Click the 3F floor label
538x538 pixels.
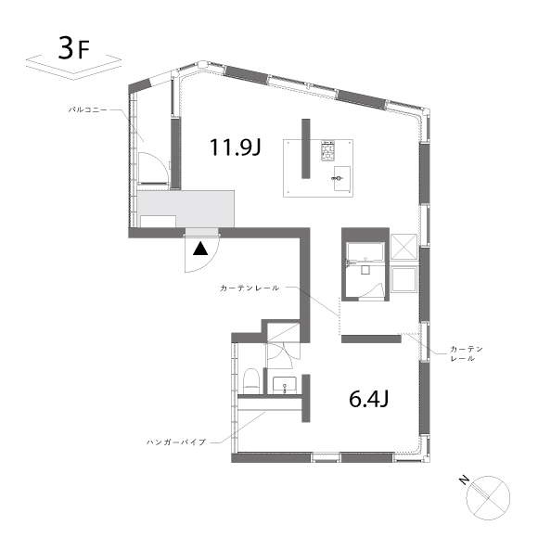[74, 48]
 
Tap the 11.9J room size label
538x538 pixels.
[236, 147]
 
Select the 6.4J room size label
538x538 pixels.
[368, 399]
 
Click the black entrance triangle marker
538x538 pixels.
[200, 249]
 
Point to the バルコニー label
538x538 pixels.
[88, 110]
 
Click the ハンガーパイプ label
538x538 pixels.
[176, 442]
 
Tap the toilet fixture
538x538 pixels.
[250, 381]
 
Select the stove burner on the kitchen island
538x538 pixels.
[327, 150]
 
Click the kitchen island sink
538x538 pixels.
[342, 178]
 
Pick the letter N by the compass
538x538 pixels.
[464, 480]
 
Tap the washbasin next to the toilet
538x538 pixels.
[284, 385]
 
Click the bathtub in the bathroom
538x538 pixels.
[365, 252]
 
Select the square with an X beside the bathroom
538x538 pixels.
[403, 247]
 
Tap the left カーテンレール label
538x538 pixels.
[250, 288]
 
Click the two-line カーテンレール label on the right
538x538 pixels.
[467, 353]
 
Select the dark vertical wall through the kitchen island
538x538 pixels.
[306, 148]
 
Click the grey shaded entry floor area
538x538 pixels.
[186, 209]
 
